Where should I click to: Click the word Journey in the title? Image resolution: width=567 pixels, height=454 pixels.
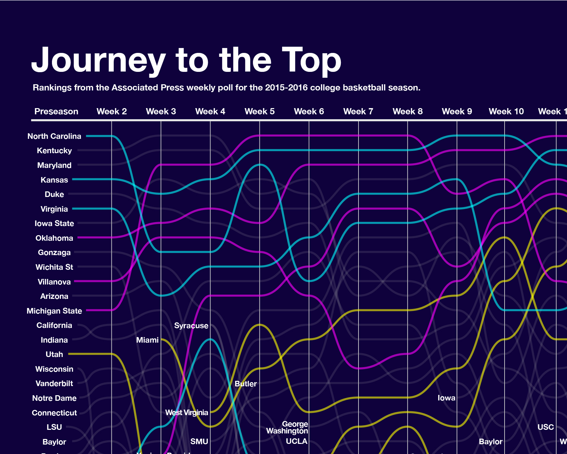pyautogui.click(x=98, y=61)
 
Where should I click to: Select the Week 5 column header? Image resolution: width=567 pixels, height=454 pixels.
pyautogui.click(x=259, y=111)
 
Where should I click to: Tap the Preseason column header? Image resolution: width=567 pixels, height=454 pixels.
pyautogui.click(x=56, y=111)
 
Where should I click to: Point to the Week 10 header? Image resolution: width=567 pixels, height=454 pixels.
pyautogui.click(x=506, y=111)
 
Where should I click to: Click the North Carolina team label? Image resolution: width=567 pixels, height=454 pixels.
pyautogui.click(x=54, y=136)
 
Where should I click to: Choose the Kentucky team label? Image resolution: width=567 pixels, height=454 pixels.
pyautogui.click(x=54, y=151)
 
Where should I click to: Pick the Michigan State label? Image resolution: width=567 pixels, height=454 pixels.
pyautogui.click(x=54, y=311)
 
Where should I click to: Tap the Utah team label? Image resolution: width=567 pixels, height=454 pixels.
pyautogui.click(x=54, y=354)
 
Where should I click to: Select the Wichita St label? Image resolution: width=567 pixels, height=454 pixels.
pyautogui.click(x=54, y=267)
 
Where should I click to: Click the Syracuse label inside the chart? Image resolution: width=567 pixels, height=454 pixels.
pyautogui.click(x=191, y=326)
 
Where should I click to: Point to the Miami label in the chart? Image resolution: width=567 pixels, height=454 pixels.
pyautogui.click(x=147, y=340)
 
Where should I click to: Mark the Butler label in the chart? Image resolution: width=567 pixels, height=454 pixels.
pyautogui.click(x=245, y=384)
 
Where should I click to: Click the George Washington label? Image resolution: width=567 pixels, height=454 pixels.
pyautogui.click(x=287, y=428)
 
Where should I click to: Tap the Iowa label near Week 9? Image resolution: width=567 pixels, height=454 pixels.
pyautogui.click(x=446, y=398)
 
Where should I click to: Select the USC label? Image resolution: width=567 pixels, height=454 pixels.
pyautogui.click(x=545, y=427)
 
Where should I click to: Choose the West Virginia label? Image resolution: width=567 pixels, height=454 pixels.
pyautogui.click(x=187, y=413)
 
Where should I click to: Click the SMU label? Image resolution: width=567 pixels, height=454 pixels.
pyautogui.click(x=199, y=442)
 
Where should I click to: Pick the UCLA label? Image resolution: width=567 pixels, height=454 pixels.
pyautogui.click(x=296, y=441)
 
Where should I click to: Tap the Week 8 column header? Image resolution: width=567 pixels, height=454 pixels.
pyautogui.click(x=408, y=111)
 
